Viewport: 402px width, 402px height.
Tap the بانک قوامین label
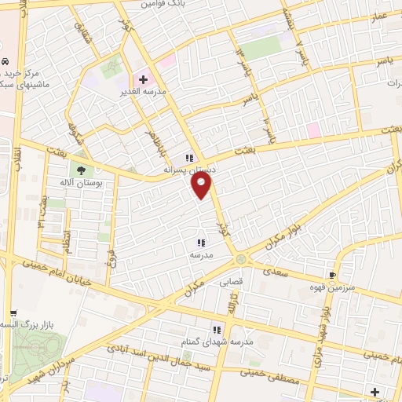click(x=164, y=4)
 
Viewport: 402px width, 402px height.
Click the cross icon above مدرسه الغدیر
click(x=143, y=79)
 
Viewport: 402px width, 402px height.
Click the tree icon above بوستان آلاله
click(x=82, y=170)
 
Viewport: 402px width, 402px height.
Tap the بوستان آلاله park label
click(x=87, y=182)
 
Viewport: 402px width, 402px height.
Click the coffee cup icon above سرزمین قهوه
click(x=333, y=275)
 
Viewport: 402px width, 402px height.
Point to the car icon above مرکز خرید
click(x=5, y=61)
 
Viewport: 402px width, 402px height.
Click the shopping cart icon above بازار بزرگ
click(x=9, y=312)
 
